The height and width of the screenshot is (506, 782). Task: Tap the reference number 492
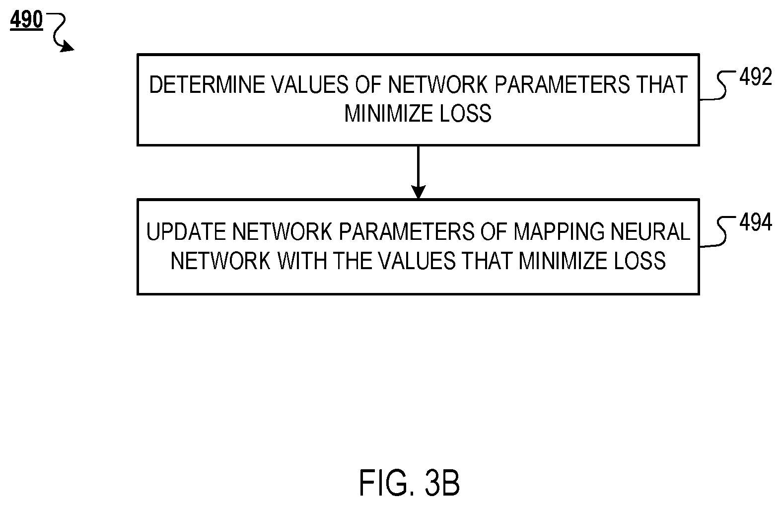coord(756,77)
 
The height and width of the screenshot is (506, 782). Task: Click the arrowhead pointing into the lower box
coord(418,192)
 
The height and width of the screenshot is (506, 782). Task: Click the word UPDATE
coord(186,231)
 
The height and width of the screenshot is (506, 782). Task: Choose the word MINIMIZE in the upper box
coord(389,114)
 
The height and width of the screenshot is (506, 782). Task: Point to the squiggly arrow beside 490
coord(60,31)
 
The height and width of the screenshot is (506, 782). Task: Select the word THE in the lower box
coord(353,261)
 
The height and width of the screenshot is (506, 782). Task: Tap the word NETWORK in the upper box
coord(438,85)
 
